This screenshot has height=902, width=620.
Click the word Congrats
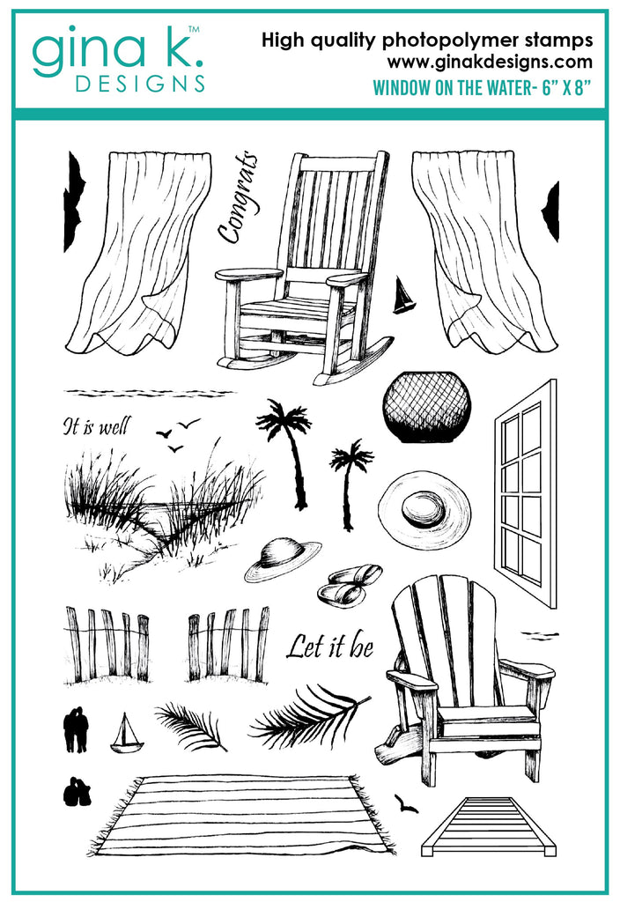[x=236, y=197]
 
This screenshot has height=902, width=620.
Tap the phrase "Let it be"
[x=329, y=646]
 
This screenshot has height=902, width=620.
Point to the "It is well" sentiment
[x=97, y=426]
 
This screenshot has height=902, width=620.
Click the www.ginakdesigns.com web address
[x=490, y=62]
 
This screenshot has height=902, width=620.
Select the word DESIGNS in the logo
[x=140, y=84]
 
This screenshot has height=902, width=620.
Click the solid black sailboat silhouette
[x=403, y=295]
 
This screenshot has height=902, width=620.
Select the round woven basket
[x=426, y=407]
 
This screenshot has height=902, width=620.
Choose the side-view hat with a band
[x=283, y=559]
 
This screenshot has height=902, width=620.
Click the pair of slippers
[x=349, y=585]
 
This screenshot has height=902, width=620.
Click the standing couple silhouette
[x=76, y=729]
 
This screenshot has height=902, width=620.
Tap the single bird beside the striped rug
[x=406, y=803]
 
